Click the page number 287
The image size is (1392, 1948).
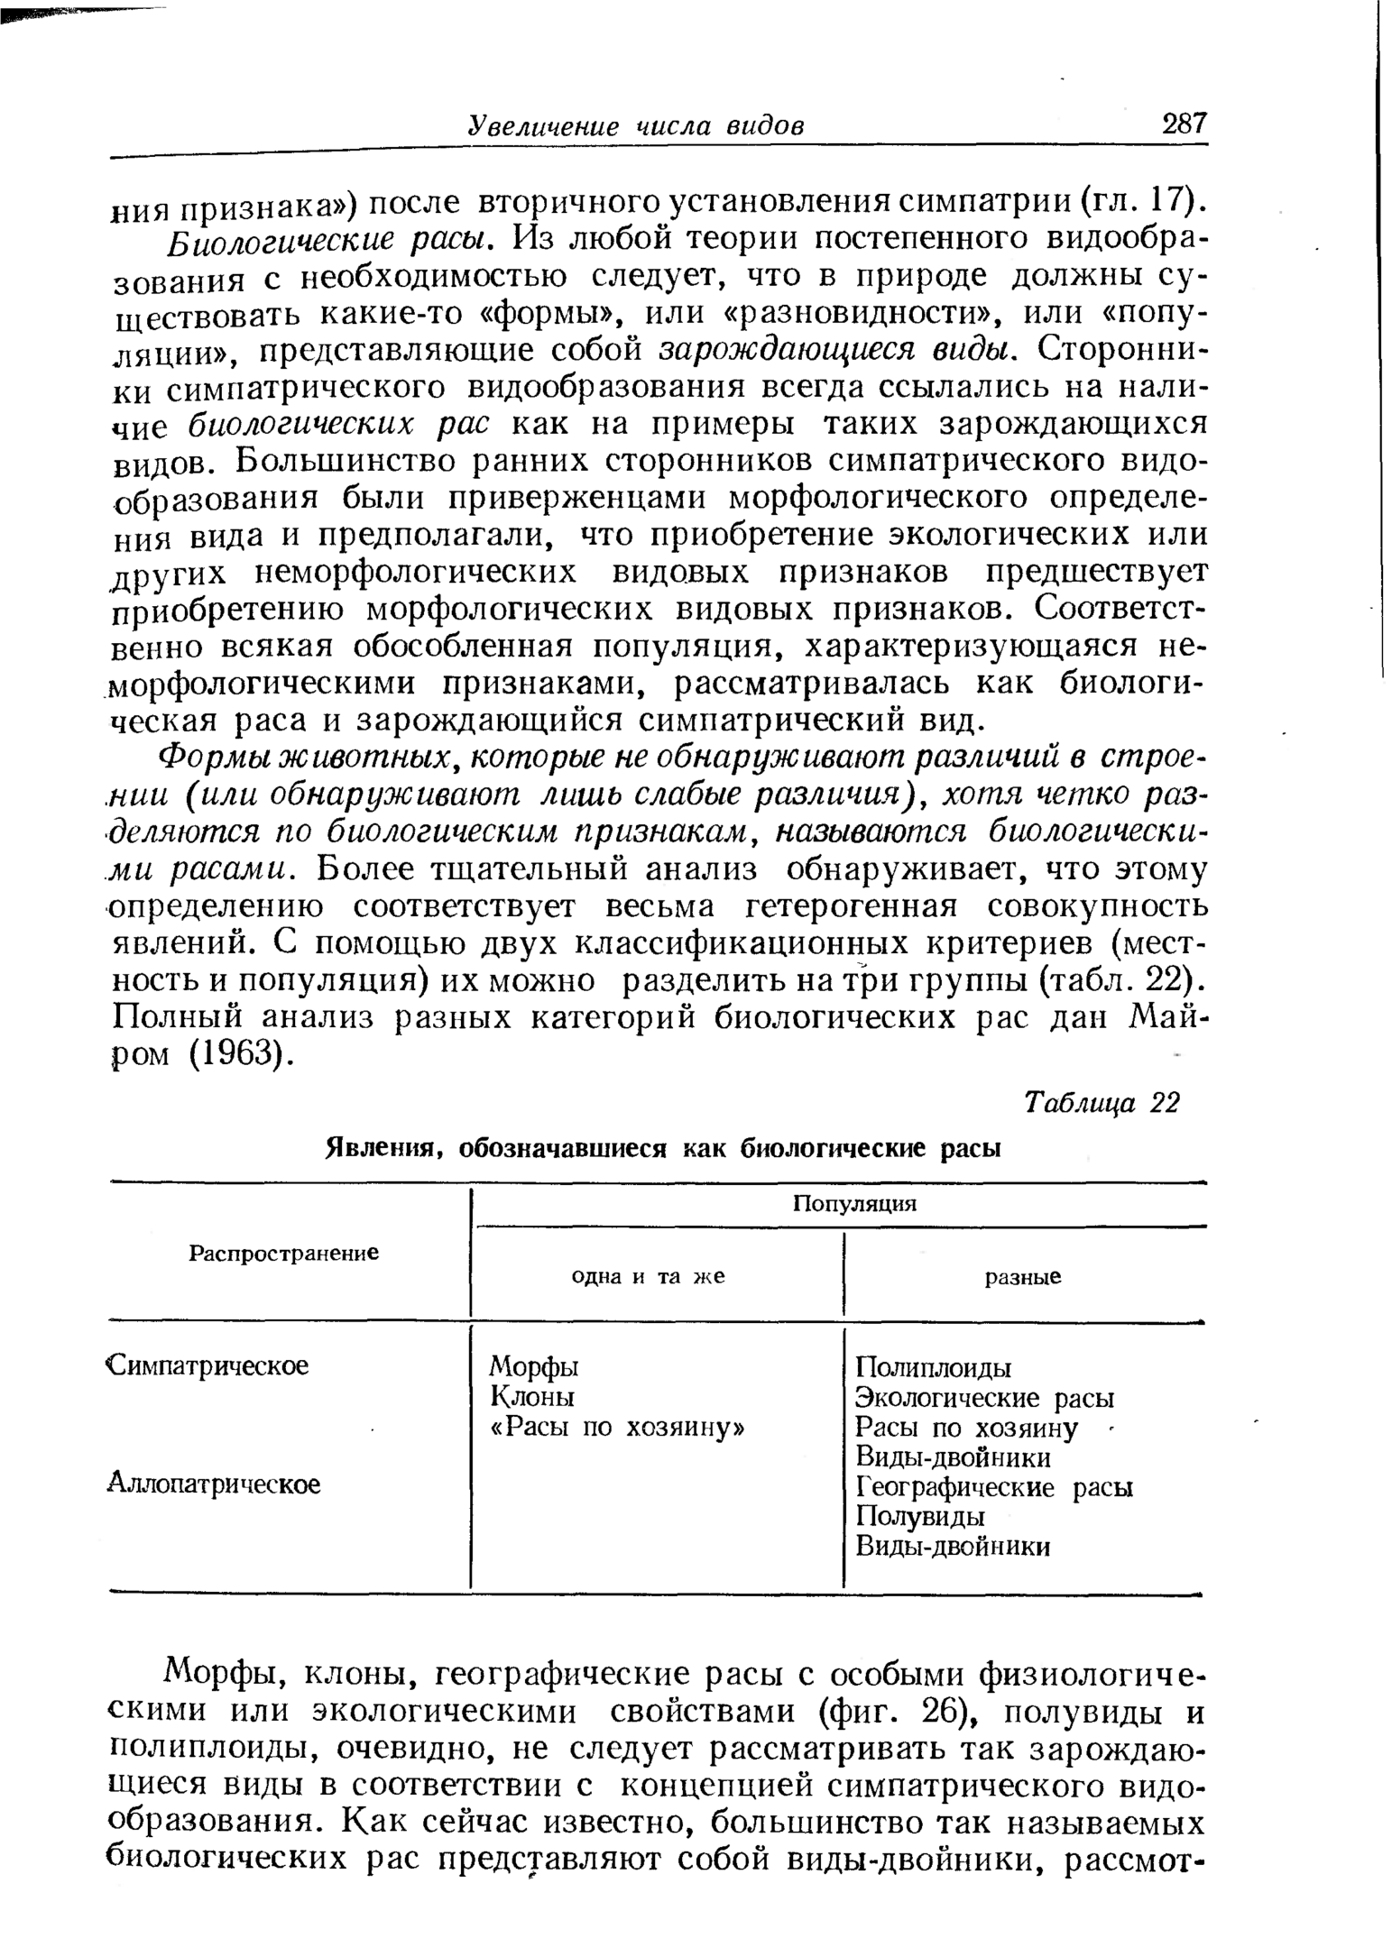tap(1184, 124)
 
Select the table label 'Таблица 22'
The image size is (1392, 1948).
tap(1102, 1103)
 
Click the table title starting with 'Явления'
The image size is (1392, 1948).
tap(663, 1149)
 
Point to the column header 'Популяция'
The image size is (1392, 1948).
tap(853, 1204)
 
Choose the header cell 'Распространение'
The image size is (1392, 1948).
tap(283, 1253)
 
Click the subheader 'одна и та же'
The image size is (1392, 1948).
tap(649, 1277)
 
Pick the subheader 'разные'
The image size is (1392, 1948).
tap(1022, 1277)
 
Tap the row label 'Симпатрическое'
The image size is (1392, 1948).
tap(208, 1365)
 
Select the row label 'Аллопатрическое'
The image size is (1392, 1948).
tap(214, 1484)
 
